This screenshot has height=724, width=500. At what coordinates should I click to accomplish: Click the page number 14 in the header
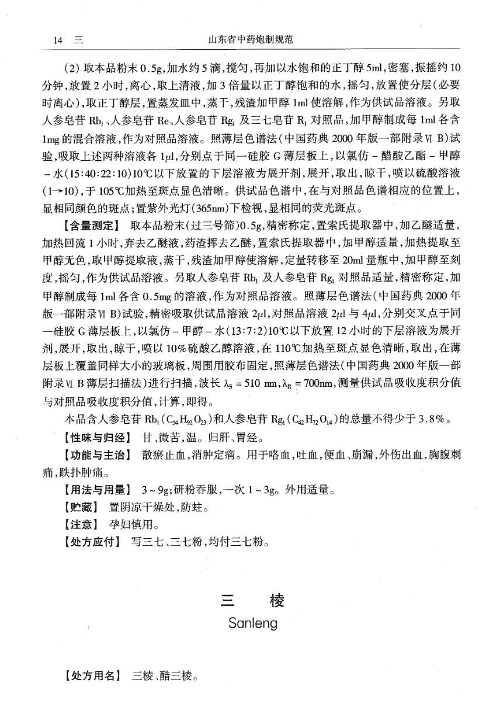(x=57, y=40)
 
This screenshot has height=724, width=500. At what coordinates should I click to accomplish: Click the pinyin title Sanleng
(x=253, y=623)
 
